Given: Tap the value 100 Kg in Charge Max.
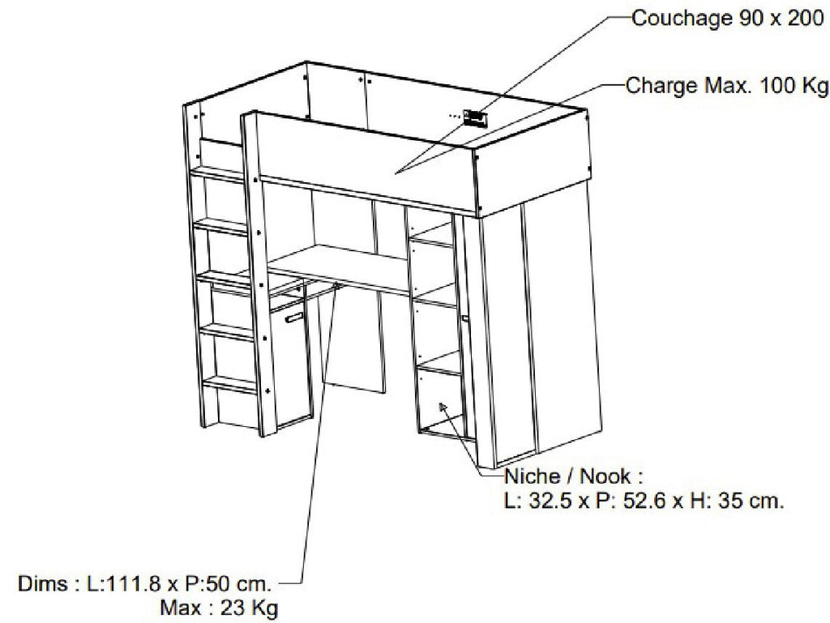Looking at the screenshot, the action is pyautogui.click(x=794, y=86).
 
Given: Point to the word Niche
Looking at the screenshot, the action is pyautogui.click(x=533, y=476).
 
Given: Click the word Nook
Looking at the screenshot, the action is pyautogui.click(x=605, y=476).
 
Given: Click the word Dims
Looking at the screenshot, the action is pyautogui.click(x=43, y=584).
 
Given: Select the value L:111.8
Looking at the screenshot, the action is pyautogui.click(x=123, y=584).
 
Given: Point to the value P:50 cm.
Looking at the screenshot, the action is pyautogui.click(x=229, y=584).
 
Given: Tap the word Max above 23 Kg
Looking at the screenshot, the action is pyautogui.click(x=181, y=608).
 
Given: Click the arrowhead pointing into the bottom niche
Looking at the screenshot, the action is pyautogui.click(x=443, y=408).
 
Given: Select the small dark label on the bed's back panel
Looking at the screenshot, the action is pyautogui.click(x=473, y=117).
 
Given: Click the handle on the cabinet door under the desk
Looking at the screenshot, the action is pyautogui.click(x=293, y=318).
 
